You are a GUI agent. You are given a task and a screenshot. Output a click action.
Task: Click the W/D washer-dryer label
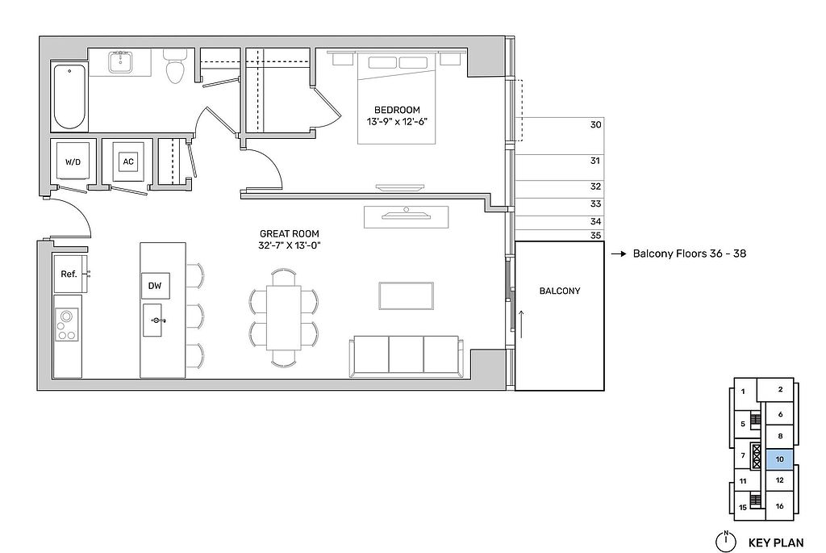(x=73, y=161)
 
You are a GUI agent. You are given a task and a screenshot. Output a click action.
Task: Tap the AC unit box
(x=128, y=161)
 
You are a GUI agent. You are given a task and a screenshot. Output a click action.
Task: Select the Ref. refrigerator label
(x=69, y=274)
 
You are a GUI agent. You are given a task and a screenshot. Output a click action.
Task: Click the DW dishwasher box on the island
(x=155, y=286)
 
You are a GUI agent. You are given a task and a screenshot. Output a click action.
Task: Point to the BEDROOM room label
(x=397, y=110)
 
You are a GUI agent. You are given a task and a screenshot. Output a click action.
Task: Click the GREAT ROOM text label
(x=290, y=233)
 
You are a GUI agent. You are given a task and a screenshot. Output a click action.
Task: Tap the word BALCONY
(x=560, y=291)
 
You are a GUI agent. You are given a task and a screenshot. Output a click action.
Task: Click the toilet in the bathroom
(x=174, y=66)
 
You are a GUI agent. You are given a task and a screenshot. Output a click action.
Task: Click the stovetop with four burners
(x=67, y=325)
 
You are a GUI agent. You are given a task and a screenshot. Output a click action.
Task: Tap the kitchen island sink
(x=156, y=320)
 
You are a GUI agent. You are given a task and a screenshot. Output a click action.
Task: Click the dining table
(x=284, y=316)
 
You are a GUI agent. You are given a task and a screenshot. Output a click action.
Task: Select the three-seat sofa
(x=407, y=356)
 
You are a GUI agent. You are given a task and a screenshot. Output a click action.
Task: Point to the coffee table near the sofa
(x=407, y=295)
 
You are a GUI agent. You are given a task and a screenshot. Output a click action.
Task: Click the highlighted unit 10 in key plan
(x=780, y=459)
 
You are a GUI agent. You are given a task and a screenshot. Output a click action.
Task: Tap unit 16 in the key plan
(x=780, y=505)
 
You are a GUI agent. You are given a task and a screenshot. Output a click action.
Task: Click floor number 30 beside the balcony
(x=595, y=125)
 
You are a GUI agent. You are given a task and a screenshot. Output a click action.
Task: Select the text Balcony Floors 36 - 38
(x=689, y=253)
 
